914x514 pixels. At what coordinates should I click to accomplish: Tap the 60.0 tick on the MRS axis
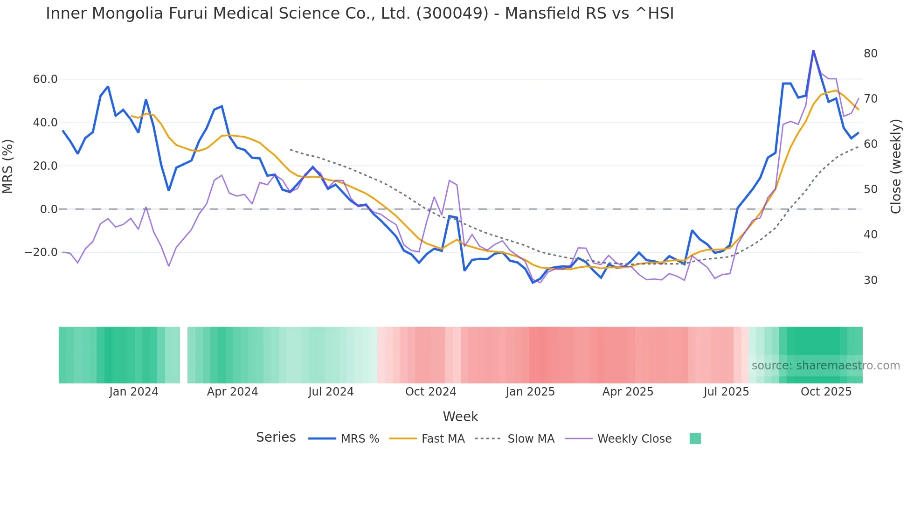point(45,79)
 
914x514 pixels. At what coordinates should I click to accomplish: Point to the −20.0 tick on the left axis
point(41,252)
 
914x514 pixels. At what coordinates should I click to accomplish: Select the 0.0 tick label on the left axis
point(48,209)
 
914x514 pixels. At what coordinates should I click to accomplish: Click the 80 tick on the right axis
point(870,54)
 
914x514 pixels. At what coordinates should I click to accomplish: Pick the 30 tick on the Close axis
point(870,280)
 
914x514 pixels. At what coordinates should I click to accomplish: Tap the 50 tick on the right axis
point(870,189)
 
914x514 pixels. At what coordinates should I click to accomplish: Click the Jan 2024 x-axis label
point(134,392)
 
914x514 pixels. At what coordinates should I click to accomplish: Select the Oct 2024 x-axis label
point(430,392)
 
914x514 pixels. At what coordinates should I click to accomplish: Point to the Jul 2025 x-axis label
point(726,392)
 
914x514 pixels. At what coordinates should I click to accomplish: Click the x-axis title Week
point(460,417)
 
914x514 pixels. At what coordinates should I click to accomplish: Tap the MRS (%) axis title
point(8,166)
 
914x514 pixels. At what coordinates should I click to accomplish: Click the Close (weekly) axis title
point(895,166)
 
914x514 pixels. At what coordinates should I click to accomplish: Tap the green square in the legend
point(695,438)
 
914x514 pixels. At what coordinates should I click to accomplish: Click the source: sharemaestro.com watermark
point(825,366)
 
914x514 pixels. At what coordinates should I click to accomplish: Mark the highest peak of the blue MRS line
point(813,50)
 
